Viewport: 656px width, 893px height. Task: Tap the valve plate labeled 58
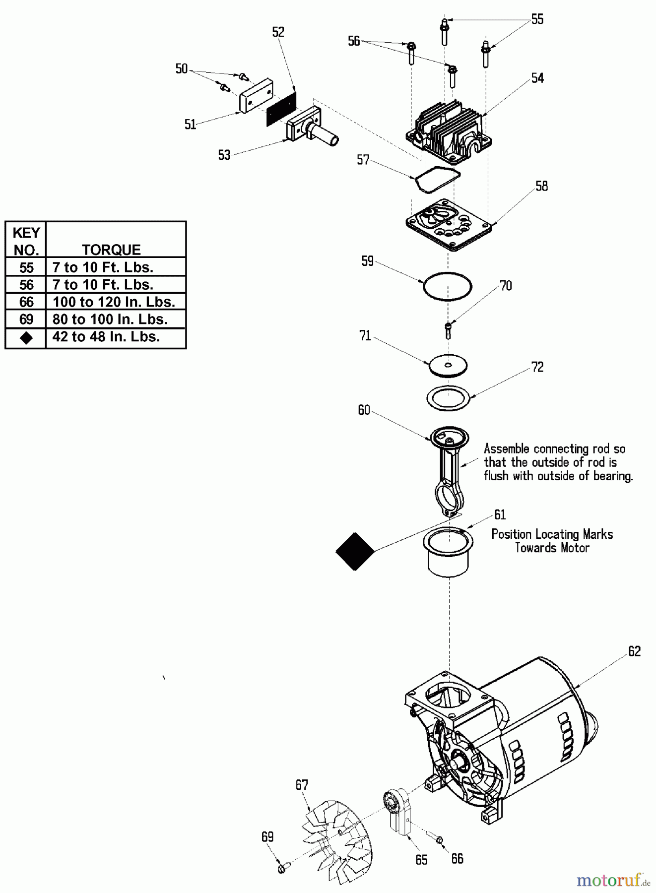[448, 225]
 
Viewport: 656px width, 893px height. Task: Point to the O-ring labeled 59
[447, 286]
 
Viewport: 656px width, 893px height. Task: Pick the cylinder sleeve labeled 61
[448, 552]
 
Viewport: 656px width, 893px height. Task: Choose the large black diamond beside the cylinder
[355, 551]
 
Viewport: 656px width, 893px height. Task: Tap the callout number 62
[634, 651]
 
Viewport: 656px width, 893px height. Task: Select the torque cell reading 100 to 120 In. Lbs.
[114, 302]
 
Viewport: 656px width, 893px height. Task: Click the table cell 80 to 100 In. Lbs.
[110, 319]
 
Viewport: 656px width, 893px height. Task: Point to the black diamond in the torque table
[26, 337]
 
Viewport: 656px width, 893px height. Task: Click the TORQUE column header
[111, 249]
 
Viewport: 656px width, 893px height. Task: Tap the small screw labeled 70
[449, 330]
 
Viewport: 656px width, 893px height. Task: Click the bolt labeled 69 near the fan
[283, 868]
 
